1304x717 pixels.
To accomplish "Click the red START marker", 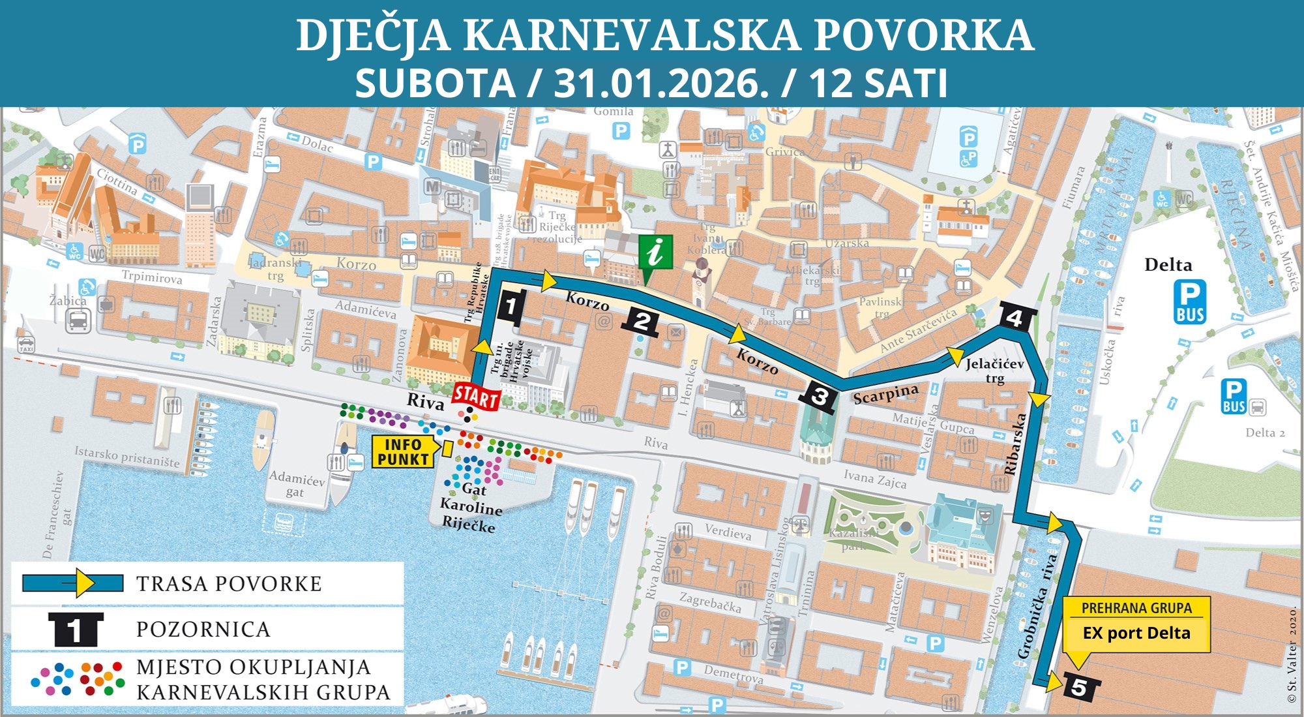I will tap(476, 396).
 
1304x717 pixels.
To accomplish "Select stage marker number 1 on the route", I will tap(511, 307).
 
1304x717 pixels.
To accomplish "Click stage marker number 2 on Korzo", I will tap(642, 322).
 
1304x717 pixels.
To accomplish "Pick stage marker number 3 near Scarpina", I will tap(820, 396).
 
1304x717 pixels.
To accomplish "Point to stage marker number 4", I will tap(1015, 318).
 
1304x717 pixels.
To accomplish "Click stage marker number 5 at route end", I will tap(1078, 688).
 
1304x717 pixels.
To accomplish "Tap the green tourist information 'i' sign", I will tap(655, 252).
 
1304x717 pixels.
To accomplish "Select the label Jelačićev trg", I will tap(994, 371).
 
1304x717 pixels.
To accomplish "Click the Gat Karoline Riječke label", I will tap(471, 508).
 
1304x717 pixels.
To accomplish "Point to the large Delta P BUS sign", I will tap(1190, 302).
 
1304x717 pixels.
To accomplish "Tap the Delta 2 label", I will tap(1265, 433).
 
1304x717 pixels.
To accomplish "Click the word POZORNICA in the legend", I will tap(203, 630).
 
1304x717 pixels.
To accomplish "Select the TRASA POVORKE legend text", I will tap(229, 584).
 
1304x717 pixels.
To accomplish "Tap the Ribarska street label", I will tap(1015, 444).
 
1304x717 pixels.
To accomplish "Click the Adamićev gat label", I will tap(297, 485).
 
